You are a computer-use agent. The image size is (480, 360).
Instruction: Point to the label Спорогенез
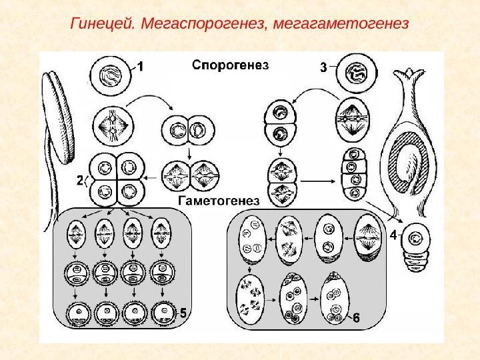(x=230, y=65)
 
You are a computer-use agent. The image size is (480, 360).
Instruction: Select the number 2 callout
(x=80, y=181)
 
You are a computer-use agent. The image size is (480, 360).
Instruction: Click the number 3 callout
(x=323, y=67)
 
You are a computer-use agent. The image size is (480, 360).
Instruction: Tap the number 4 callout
(x=393, y=235)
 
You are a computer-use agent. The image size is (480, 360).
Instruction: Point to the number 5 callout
(x=184, y=312)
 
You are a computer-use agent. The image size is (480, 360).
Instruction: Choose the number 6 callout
(x=355, y=319)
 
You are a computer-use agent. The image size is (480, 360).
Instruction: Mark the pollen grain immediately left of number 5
(x=163, y=312)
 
